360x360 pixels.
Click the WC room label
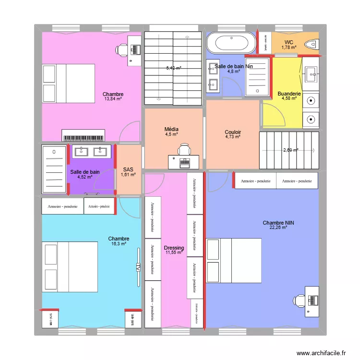point(289,42)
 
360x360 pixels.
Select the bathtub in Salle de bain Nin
point(231,43)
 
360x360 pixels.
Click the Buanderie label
point(289,94)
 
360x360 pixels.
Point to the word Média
point(171,130)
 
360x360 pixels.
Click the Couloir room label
point(233,132)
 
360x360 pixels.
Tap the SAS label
point(128,169)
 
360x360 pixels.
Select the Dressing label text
point(173,247)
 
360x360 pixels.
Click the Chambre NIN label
point(278,223)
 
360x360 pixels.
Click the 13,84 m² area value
point(113,99)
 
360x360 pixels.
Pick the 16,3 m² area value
point(119,244)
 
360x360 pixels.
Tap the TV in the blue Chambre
point(138,267)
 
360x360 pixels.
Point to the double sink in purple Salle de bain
point(91,152)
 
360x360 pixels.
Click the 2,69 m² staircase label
point(291,150)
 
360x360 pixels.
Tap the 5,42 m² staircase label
point(174,68)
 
